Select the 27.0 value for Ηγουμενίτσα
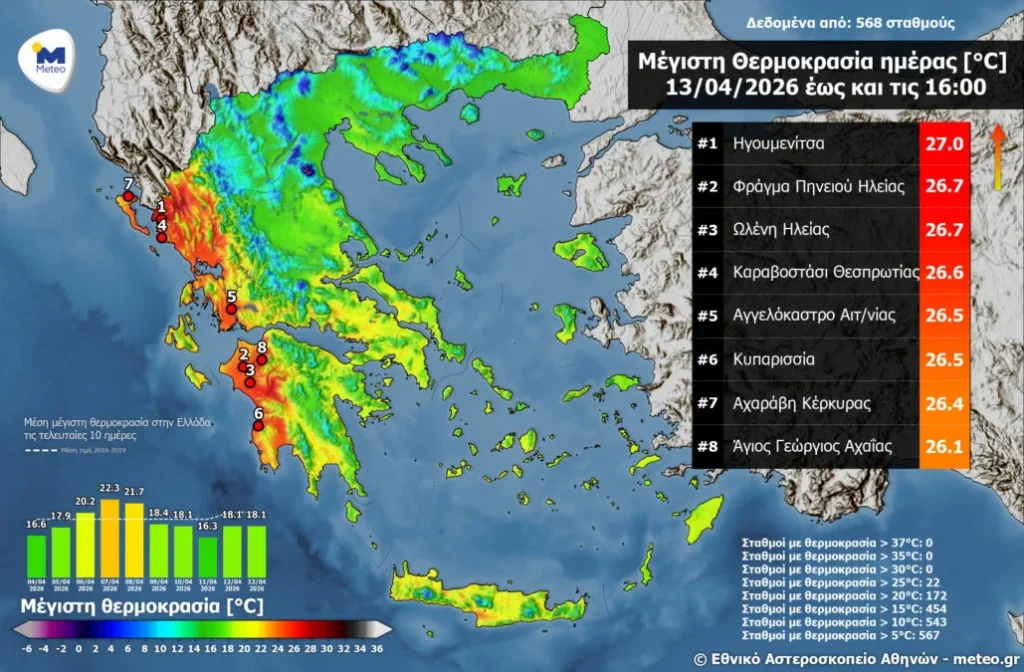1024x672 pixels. [x=944, y=144]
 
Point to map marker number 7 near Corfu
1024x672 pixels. [x=127, y=196]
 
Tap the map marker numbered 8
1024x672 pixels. [x=261, y=360]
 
